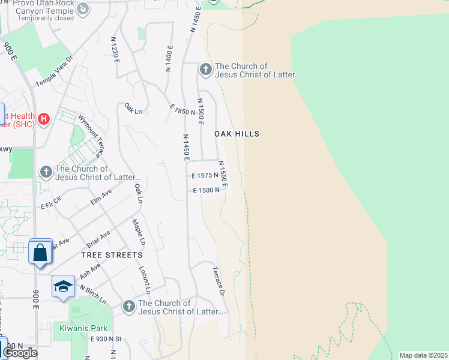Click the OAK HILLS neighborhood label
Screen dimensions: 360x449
point(237,134)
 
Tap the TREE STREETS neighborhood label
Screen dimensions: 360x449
point(112,255)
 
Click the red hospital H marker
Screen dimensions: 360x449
point(43,119)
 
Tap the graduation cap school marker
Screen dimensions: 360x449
point(63,287)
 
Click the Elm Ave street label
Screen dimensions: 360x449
point(101,196)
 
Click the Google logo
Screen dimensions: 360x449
point(20,353)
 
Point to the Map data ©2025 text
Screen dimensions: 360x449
point(423,355)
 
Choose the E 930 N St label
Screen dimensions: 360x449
point(106,340)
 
